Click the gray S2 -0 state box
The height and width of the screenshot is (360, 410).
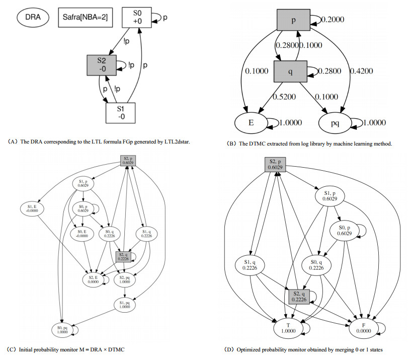tap(102, 65)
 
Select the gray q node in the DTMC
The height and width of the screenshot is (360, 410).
tap(291, 70)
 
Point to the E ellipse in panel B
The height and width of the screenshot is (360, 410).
tap(252, 122)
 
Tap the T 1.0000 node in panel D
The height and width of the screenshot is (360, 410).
tap(289, 328)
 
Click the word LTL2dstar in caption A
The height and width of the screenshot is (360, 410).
tap(178, 141)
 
